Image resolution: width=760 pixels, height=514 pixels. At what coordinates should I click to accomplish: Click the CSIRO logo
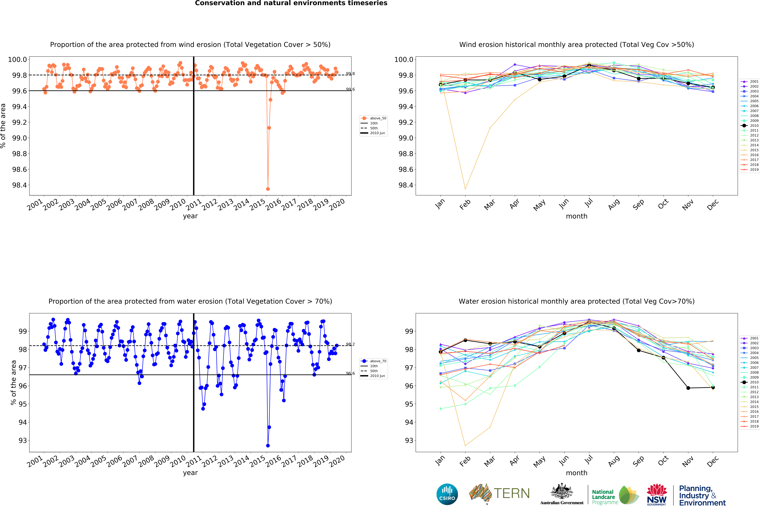(x=447, y=494)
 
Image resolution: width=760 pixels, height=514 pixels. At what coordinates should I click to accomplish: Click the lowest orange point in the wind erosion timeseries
(x=268, y=189)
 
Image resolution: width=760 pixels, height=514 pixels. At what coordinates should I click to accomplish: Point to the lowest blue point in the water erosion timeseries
(x=268, y=446)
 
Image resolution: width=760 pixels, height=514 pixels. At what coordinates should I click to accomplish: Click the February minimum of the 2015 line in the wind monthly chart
(x=465, y=189)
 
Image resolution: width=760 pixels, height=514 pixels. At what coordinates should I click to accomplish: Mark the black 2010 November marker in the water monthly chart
(x=688, y=388)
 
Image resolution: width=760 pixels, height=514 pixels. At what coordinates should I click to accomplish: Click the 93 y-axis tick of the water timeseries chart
(x=23, y=440)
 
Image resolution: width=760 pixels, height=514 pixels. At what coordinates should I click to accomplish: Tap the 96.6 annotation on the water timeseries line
(x=350, y=373)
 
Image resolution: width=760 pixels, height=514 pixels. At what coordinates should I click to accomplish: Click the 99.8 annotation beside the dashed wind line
(x=350, y=74)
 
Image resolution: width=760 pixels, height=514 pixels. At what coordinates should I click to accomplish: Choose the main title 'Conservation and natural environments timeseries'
(x=291, y=3)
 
